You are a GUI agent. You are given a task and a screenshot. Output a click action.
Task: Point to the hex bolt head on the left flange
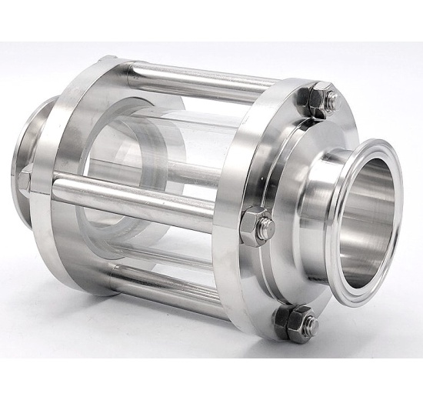[x=25, y=182]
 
